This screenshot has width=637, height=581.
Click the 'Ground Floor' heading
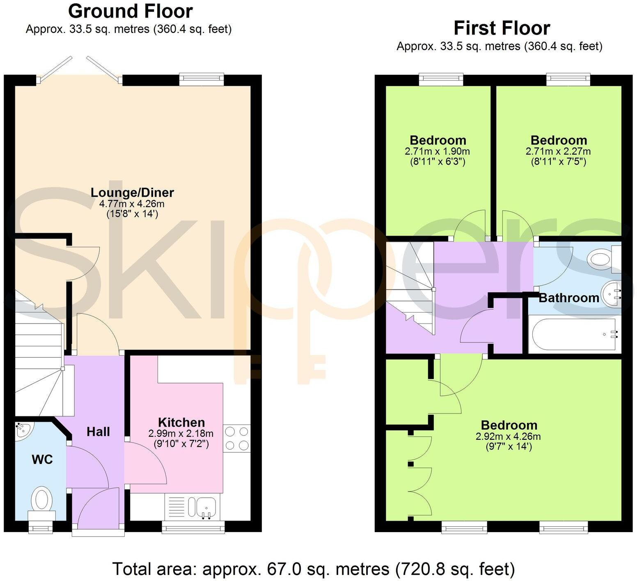tap(130, 11)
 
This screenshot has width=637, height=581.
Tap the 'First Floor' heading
tap(502, 28)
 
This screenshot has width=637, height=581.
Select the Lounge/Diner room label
tap(132, 193)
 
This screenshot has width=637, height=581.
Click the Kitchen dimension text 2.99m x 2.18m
tap(181, 434)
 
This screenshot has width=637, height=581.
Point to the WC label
tap(42, 459)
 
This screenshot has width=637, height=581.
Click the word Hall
tap(98, 432)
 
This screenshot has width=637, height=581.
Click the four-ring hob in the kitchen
tap(237, 438)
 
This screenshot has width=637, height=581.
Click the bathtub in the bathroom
tap(574, 334)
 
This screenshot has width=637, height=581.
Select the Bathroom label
tap(568, 298)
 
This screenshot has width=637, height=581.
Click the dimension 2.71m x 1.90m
tap(437, 151)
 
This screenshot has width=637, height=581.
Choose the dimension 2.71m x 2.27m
tap(558, 151)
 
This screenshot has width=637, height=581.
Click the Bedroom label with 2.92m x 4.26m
tap(509, 425)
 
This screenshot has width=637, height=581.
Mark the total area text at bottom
tap(314, 569)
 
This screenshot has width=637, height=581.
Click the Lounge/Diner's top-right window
tap(202, 79)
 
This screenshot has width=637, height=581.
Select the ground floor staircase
tap(39, 357)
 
